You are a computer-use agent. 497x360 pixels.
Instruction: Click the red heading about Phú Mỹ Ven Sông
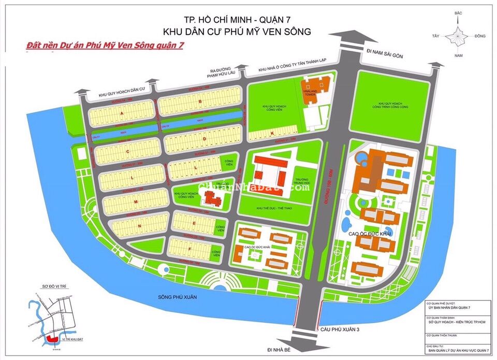pyautogui.click(x=105, y=45)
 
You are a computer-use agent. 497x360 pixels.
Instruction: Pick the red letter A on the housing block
pyautogui.click(x=123, y=112)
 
